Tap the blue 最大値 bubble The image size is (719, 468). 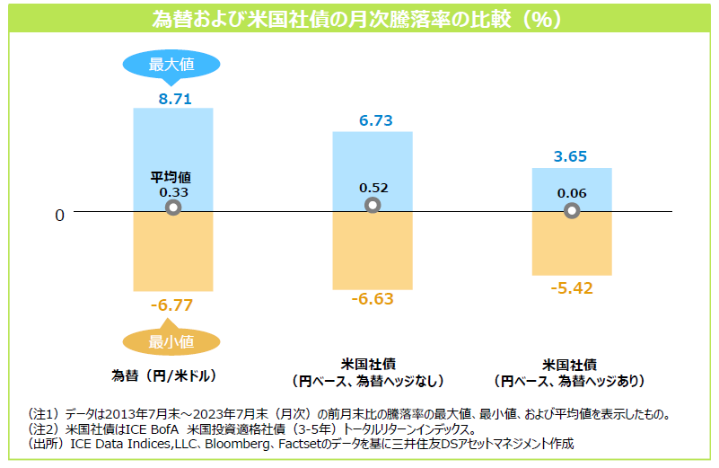171,64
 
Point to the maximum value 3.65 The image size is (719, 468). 570,157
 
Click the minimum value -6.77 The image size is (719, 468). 171,305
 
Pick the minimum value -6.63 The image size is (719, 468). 373,299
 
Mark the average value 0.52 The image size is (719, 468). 373,188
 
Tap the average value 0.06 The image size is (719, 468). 571,193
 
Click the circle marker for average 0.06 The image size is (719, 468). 572,211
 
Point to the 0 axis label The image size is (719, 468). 59,216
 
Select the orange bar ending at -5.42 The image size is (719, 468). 572,243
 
